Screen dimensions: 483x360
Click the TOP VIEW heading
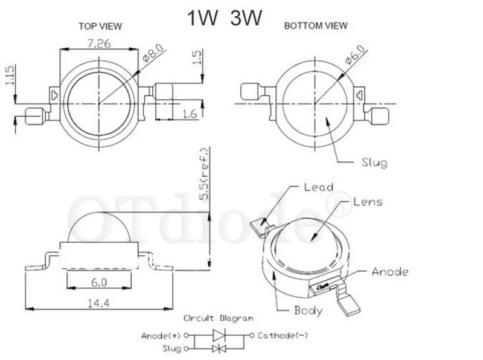pyautogui.click(x=100, y=26)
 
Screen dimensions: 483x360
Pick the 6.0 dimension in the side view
pyautogui.click(x=99, y=282)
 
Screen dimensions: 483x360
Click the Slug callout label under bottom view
pyautogui.click(x=374, y=162)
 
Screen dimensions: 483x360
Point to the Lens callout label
pyautogui.click(x=368, y=202)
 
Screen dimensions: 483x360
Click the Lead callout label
pyautogui.click(x=319, y=187)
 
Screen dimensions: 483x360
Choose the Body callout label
pyautogui.click(x=308, y=311)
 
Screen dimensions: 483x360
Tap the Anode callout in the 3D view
pyautogui.click(x=390, y=272)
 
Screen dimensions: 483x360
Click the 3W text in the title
pyautogui.click(x=246, y=18)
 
